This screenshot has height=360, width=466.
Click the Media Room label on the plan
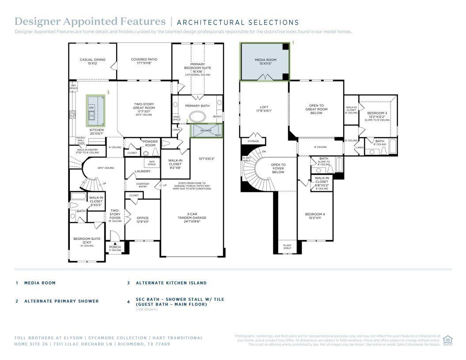265,61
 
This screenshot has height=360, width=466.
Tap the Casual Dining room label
92,61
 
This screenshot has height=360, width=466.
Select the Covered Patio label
144,61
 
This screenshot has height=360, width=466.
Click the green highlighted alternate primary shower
206,131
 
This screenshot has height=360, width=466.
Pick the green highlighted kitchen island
96,110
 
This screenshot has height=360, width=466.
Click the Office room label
143,220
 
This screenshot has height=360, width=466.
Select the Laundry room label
143,171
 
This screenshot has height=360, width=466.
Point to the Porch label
115,248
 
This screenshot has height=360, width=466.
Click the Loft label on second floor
264,109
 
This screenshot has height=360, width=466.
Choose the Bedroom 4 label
315,216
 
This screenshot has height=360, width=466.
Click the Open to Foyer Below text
278,168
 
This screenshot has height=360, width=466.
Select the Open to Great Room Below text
316,109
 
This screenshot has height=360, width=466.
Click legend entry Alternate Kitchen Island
171,283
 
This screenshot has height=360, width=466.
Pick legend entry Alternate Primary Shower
61,301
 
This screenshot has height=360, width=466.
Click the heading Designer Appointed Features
90,22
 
